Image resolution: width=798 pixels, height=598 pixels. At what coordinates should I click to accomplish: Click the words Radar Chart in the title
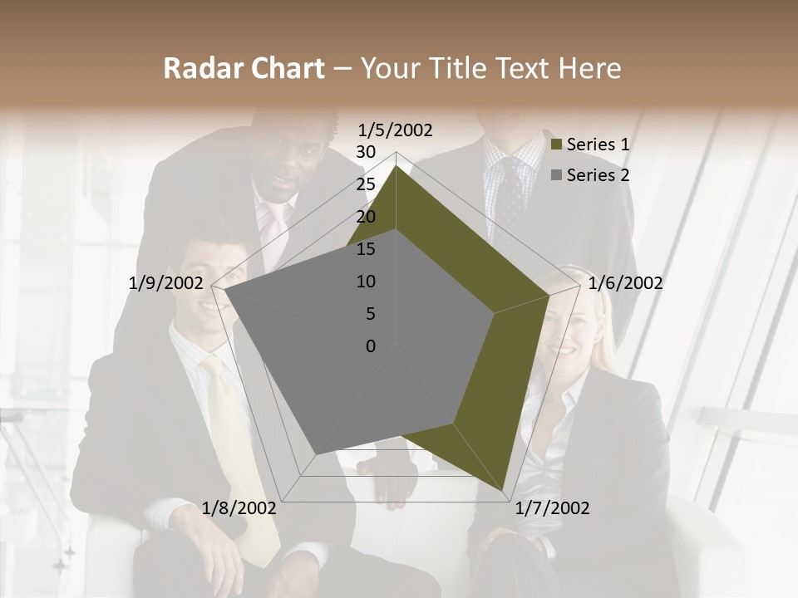(x=244, y=69)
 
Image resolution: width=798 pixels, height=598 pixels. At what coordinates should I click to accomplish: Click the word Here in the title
(x=589, y=69)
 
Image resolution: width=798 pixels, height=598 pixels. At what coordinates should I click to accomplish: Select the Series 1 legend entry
(x=598, y=145)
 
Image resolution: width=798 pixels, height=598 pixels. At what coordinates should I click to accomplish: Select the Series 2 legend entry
(x=598, y=175)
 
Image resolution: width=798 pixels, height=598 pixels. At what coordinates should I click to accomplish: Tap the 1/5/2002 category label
(x=396, y=130)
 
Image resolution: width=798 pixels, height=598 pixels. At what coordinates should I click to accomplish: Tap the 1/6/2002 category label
(x=625, y=283)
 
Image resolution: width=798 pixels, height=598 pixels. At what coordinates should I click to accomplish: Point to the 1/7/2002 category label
(x=552, y=508)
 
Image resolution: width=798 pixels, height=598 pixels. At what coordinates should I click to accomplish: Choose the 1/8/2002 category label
(x=239, y=508)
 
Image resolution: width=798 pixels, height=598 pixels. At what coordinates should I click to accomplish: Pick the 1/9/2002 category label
(x=166, y=283)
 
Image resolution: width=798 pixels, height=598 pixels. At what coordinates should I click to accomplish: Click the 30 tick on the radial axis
(x=366, y=152)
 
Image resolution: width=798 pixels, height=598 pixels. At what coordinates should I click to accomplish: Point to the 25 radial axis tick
(x=366, y=184)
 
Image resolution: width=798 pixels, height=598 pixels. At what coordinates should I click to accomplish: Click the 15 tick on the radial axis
(x=366, y=249)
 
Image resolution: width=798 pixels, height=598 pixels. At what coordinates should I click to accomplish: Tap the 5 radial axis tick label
(x=370, y=314)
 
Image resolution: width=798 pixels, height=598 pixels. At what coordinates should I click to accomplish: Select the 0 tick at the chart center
(x=371, y=346)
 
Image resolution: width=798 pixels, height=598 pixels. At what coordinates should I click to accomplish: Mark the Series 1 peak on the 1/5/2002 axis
(x=397, y=166)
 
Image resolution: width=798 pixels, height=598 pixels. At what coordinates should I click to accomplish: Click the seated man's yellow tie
(x=241, y=465)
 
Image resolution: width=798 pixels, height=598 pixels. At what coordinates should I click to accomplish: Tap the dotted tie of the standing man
(x=510, y=199)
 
